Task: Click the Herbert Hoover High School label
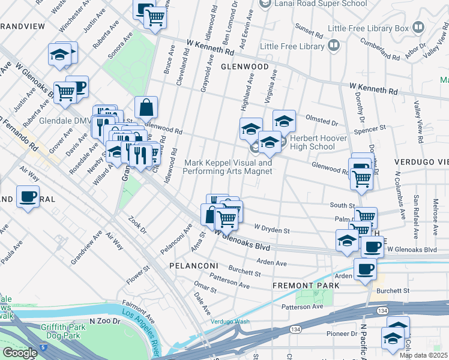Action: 312,142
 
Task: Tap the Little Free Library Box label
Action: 369,28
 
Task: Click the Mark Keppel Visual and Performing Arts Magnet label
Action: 228,167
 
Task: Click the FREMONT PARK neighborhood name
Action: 306,286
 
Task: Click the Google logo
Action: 20,353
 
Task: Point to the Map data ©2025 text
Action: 424,355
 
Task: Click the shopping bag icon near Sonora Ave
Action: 146,107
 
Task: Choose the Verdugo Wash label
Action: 229,321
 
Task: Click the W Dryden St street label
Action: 272,229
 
